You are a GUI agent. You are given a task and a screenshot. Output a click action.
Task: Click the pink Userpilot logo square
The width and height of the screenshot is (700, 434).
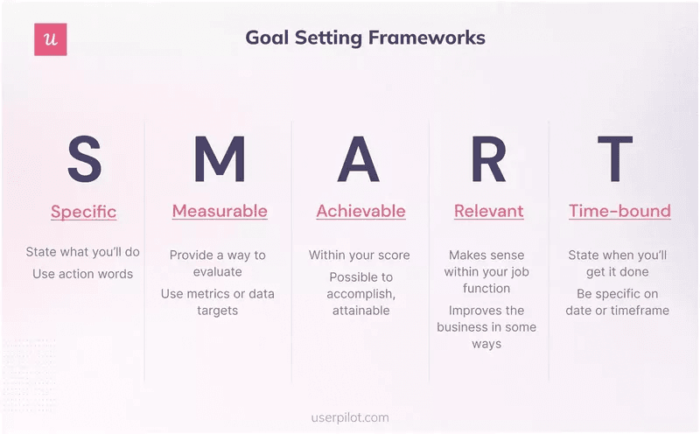[x=51, y=39]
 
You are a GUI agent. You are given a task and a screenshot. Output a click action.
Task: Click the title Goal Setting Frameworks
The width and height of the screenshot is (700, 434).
[x=365, y=38]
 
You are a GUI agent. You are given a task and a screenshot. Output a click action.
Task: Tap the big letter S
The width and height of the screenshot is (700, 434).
[x=84, y=158]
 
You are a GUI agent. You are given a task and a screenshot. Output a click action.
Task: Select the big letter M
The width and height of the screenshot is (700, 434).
[x=219, y=158]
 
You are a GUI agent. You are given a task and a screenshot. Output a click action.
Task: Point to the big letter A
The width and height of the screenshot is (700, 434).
[x=359, y=158]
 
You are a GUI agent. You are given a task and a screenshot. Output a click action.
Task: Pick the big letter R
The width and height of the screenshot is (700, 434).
[x=488, y=158]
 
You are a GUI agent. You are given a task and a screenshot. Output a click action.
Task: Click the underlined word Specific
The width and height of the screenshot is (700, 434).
[x=83, y=212]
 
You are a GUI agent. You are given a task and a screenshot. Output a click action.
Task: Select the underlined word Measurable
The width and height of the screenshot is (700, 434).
[x=220, y=211]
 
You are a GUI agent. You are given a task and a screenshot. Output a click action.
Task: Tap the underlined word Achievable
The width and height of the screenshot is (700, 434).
[x=360, y=211]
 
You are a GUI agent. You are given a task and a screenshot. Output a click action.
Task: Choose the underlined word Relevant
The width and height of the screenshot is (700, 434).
[x=488, y=211]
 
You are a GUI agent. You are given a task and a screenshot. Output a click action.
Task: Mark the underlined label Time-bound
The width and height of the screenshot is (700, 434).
[x=619, y=211]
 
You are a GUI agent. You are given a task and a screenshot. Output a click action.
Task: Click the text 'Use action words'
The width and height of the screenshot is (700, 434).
[x=83, y=274]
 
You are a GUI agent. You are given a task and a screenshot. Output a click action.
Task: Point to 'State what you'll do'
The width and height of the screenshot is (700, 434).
[x=83, y=252]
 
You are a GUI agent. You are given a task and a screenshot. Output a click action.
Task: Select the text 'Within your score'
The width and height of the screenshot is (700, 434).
[x=359, y=255]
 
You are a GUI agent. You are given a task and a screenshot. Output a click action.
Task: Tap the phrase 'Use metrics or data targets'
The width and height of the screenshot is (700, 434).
[x=218, y=302]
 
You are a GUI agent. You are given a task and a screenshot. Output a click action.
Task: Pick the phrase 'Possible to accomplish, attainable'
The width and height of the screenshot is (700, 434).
[x=360, y=293]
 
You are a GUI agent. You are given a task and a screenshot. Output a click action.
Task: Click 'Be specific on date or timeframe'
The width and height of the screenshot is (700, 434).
[x=617, y=302]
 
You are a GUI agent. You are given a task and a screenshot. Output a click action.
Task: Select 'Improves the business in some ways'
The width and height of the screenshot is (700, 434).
[x=486, y=326]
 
